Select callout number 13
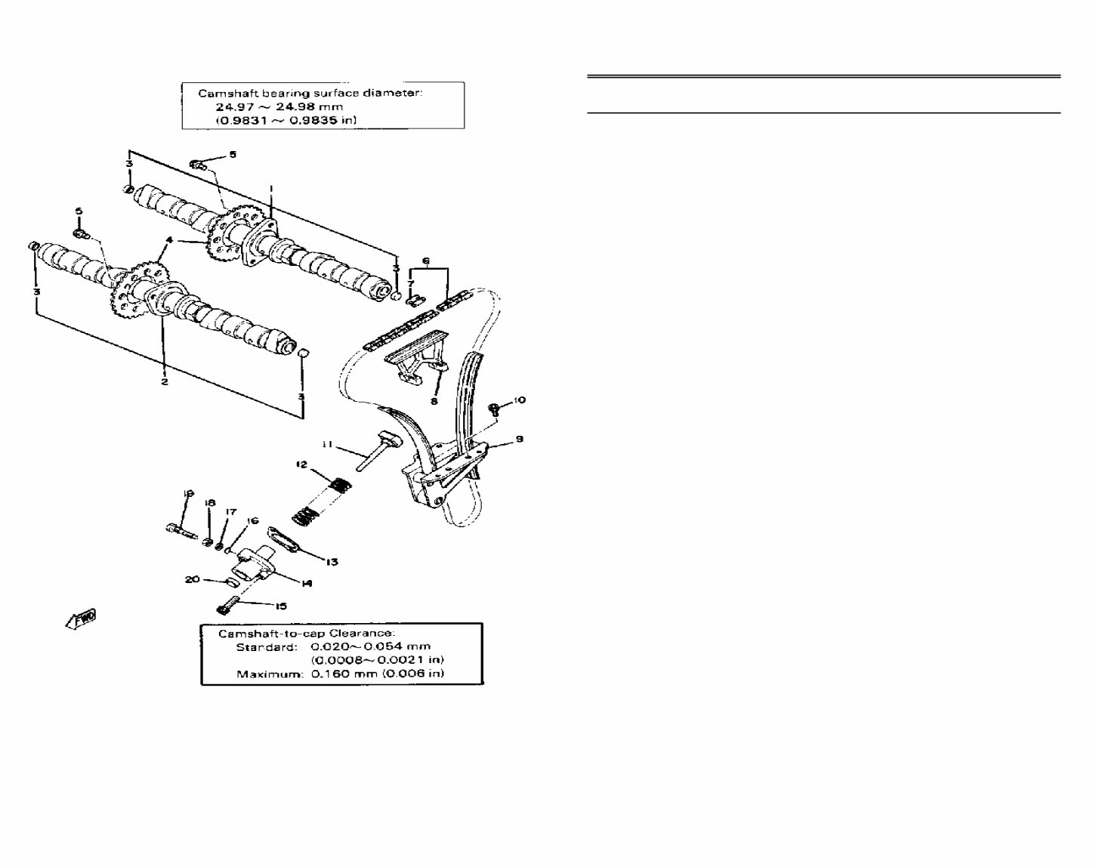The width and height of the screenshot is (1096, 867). pyautogui.click(x=332, y=562)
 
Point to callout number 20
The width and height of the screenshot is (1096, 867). pyautogui.click(x=193, y=579)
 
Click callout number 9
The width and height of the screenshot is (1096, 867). pyautogui.click(x=519, y=439)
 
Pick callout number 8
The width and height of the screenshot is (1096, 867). pyautogui.click(x=434, y=401)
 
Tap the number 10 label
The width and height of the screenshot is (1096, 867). pyautogui.click(x=519, y=400)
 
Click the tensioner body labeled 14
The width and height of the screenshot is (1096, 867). pyautogui.click(x=252, y=560)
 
